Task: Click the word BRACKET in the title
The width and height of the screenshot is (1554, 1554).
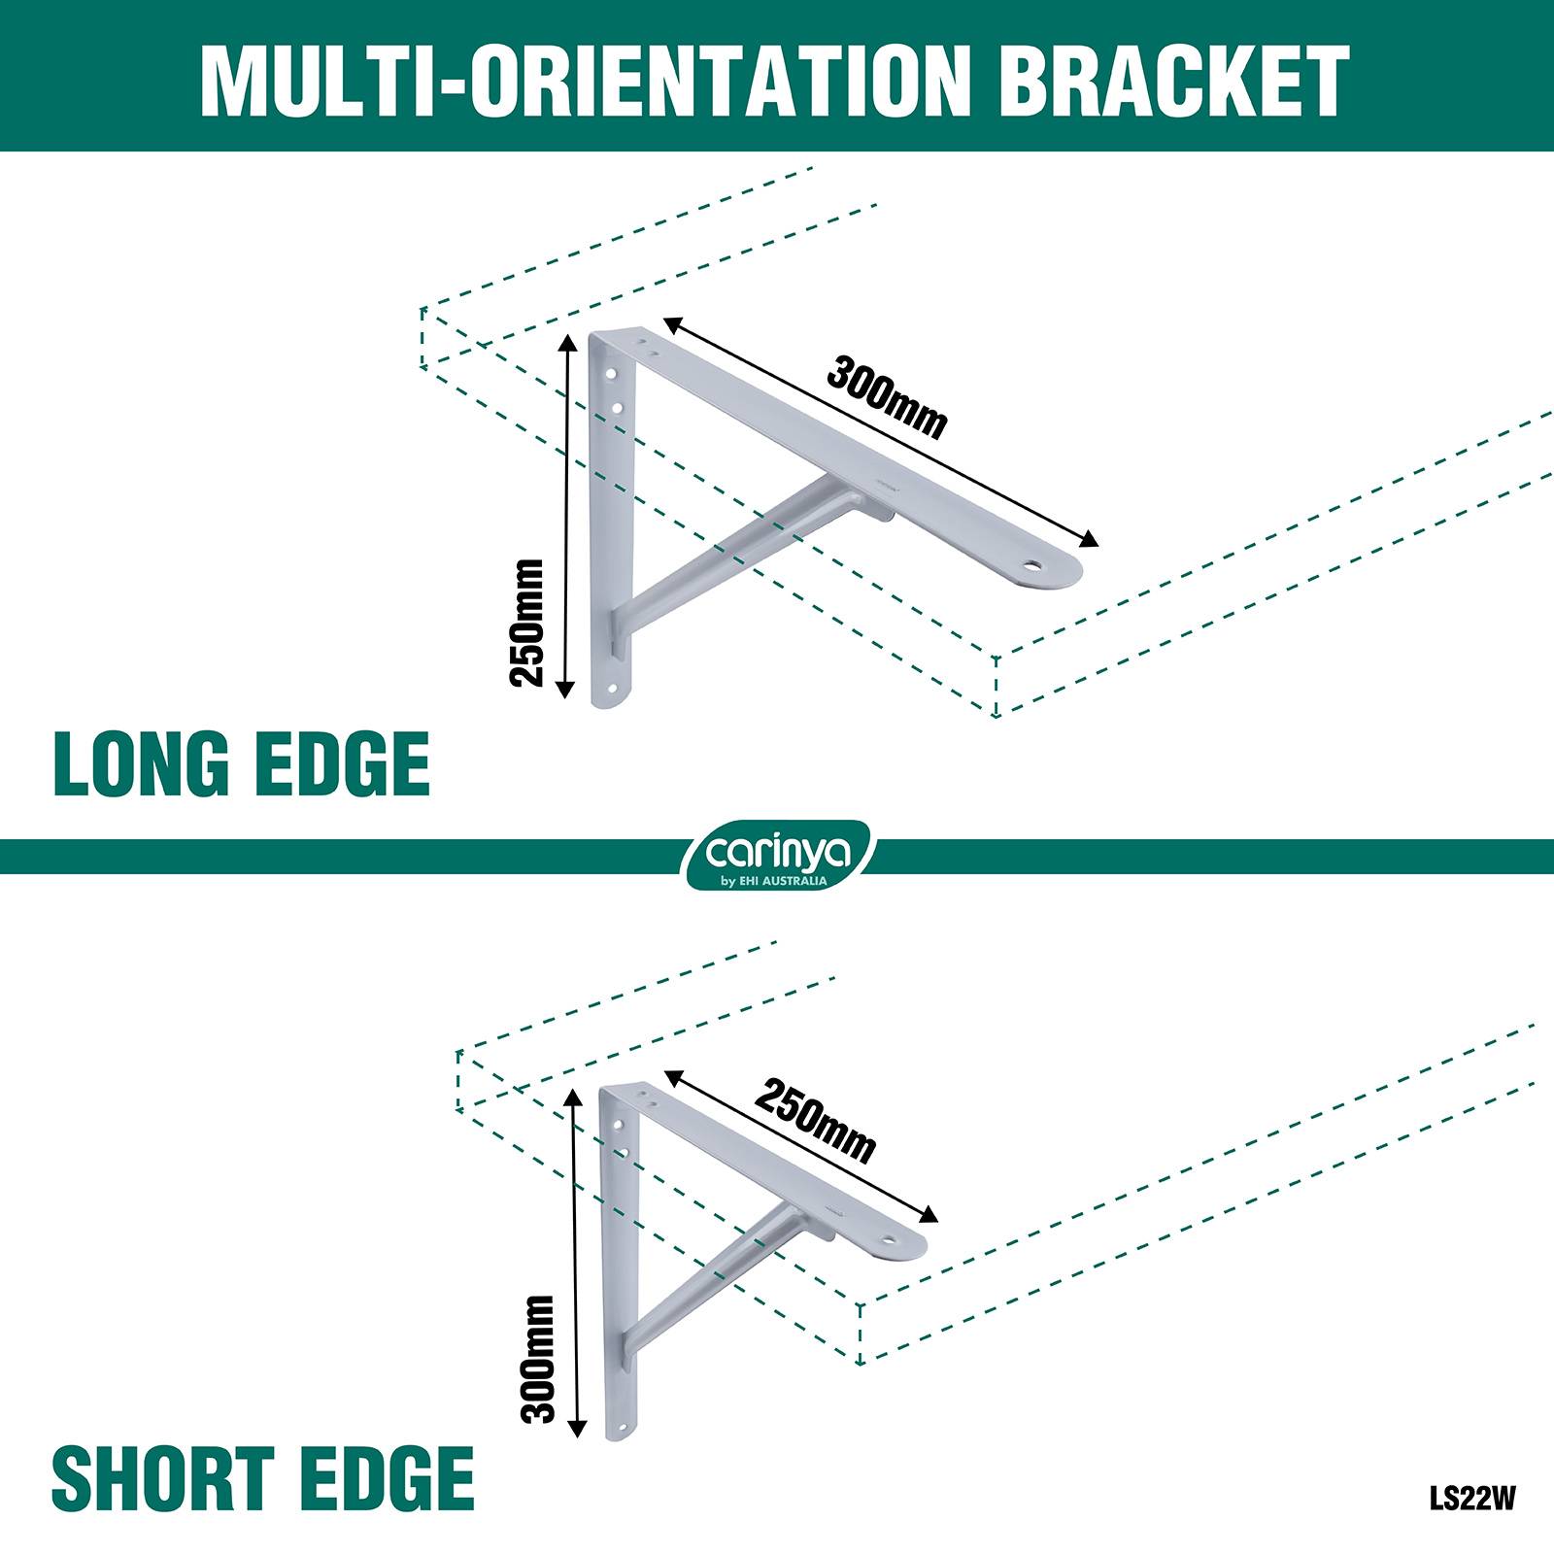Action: [x=1172, y=80]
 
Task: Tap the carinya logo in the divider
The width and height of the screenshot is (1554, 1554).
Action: [x=780, y=856]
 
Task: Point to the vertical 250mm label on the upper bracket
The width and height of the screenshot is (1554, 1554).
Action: [x=526, y=623]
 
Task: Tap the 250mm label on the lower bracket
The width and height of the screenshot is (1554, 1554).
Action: [x=816, y=1121]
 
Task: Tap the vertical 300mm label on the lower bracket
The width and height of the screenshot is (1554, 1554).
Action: [x=537, y=1358]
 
